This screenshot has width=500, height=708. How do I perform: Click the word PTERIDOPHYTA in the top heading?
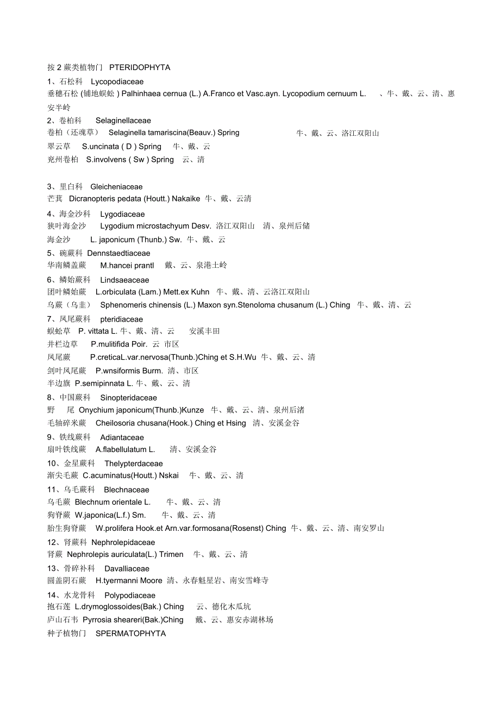140,67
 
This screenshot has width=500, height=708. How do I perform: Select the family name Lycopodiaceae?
117,82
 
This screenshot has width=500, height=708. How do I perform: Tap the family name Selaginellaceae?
123,121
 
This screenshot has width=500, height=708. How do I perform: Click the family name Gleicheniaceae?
116,187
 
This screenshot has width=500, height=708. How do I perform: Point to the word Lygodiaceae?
122,214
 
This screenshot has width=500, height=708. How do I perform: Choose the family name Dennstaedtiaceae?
118,253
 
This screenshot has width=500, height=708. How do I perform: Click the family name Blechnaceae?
127,490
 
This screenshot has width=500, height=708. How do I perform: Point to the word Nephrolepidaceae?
123,542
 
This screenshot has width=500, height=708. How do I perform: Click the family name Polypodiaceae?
130,596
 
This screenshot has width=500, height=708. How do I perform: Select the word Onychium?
96,410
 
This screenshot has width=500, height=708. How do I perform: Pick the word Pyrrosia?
97,619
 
